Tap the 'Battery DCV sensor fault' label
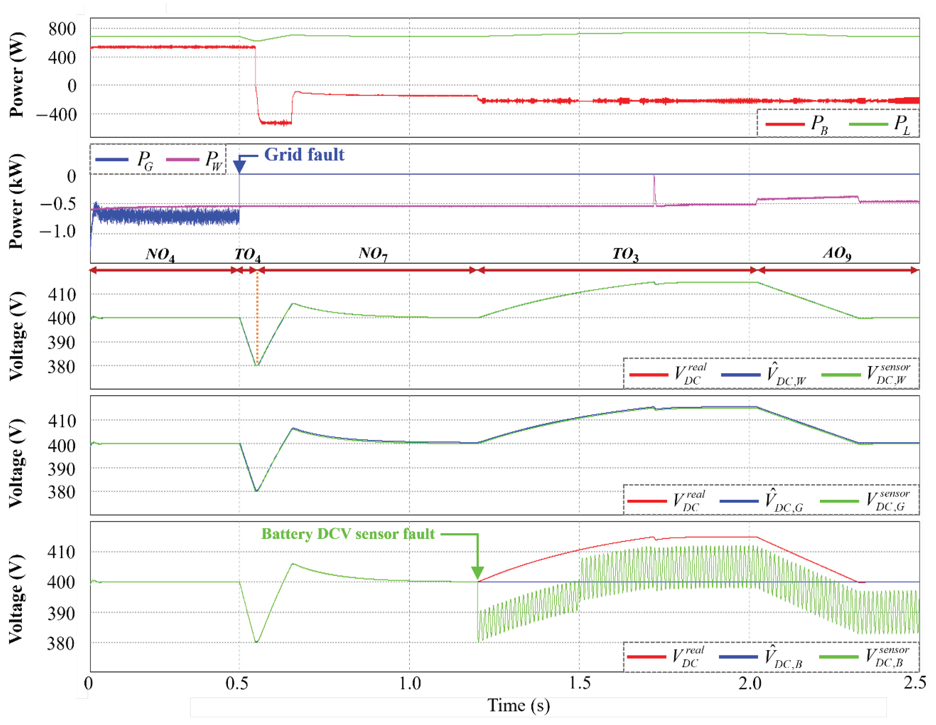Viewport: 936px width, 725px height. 348,534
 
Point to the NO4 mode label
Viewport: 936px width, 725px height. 160,254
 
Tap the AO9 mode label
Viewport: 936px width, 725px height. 837,253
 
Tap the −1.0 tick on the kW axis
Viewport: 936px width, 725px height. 58,232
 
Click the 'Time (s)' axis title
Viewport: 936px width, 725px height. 519,705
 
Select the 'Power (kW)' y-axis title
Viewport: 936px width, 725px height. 16,201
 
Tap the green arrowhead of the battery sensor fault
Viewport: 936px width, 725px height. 478,573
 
